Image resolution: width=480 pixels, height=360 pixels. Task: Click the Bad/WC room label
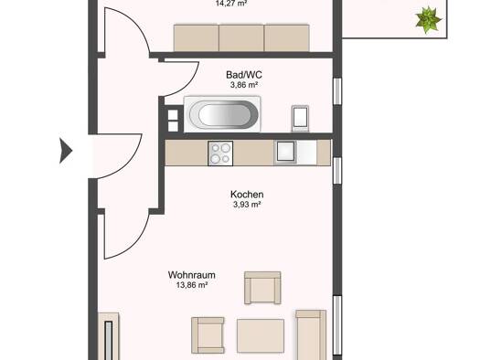pos(244,75)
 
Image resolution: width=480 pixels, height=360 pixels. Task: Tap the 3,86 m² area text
pos(244,85)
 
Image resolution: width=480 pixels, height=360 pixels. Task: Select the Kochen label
pos(247,195)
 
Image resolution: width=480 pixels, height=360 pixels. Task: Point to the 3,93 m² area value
pos(247,205)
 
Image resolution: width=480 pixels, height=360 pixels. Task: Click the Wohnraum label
pos(192,275)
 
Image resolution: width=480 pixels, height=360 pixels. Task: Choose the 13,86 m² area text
pos(192,285)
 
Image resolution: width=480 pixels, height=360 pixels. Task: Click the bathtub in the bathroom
pos(222,114)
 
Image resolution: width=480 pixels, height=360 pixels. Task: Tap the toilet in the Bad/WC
pos(300,118)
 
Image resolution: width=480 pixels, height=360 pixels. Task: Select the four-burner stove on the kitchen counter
pos(220,154)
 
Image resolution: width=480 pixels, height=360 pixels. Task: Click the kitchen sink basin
pos(285,152)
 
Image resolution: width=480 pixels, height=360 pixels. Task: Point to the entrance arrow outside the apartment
pos(66,151)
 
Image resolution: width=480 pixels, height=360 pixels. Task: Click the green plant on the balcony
pos(428,19)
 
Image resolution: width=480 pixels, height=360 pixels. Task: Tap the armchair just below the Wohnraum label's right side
pos(262,288)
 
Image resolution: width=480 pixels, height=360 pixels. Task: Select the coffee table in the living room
pos(261,336)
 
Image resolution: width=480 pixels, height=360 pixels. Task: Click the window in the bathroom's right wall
pos(337,91)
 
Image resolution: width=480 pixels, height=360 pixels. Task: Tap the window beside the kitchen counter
pos(337,171)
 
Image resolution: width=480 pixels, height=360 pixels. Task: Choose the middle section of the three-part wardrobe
pos(241,38)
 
